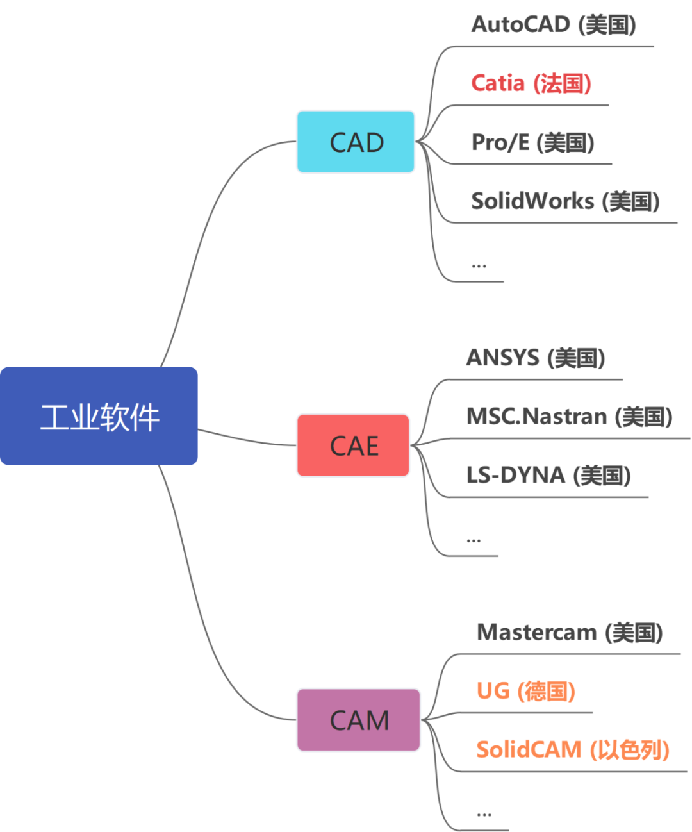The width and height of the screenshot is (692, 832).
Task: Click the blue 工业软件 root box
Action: pyautogui.click(x=99, y=416)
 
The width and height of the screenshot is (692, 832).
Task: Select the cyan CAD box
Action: pyautogui.click(x=356, y=142)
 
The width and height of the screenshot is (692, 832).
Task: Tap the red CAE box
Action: pyautogui.click(x=353, y=445)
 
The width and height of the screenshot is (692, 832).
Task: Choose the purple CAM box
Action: pyautogui.click(x=358, y=720)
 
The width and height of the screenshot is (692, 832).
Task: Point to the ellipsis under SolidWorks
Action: pyautogui.click(x=479, y=265)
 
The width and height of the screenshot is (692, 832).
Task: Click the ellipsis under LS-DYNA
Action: pyautogui.click(x=474, y=540)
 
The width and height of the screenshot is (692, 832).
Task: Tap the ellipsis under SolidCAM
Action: pyautogui.click(x=484, y=815)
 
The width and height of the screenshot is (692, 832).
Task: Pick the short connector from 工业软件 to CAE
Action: pyautogui.click(x=247, y=438)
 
